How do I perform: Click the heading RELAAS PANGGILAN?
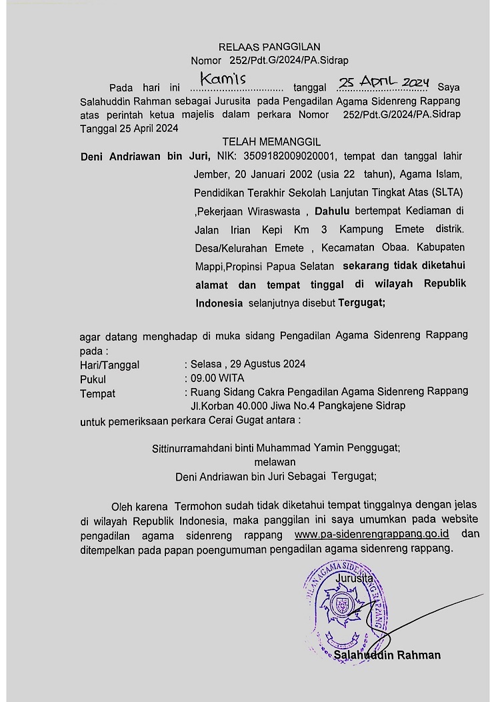pos(269,47)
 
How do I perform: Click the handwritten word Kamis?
pos(223,80)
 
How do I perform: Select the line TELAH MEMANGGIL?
pos(271,142)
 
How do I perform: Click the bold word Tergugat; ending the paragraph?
pos(362,303)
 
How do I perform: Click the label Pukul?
pos(93,379)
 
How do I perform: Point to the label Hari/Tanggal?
pos(109,364)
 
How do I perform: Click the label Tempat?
pos(97,393)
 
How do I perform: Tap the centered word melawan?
pos(275,461)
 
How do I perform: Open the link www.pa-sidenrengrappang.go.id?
pos(371,535)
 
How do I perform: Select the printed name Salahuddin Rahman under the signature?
pos(387,655)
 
